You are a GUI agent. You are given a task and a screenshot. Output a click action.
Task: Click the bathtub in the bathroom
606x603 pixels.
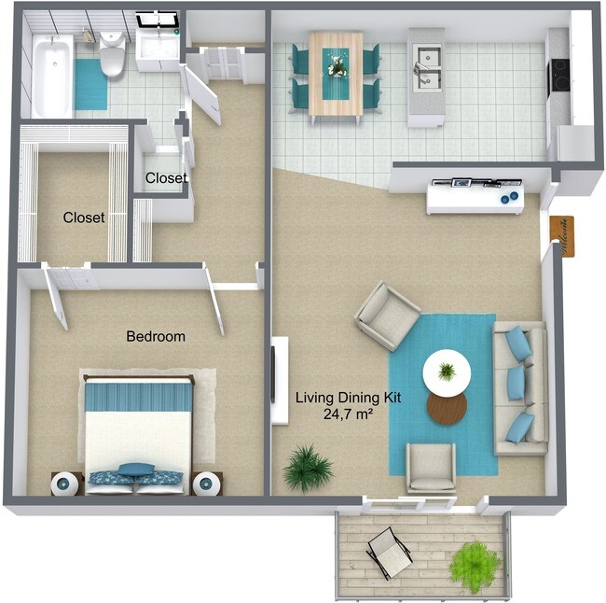[x=51, y=75]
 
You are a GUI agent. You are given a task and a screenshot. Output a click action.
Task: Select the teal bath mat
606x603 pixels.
[x=91, y=85]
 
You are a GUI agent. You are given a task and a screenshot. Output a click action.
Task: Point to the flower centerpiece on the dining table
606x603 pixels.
[x=336, y=64]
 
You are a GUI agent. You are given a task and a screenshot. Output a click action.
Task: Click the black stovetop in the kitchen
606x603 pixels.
[x=559, y=74]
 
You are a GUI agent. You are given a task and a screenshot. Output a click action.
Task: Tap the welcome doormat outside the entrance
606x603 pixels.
[x=563, y=235]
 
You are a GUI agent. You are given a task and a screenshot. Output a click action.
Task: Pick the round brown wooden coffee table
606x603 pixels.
[x=448, y=406]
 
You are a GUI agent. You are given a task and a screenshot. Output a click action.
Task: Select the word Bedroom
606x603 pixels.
[x=156, y=336]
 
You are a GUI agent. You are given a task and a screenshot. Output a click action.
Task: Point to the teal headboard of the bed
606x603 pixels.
[x=139, y=397]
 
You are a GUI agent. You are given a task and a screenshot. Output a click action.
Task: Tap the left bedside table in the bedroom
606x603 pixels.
[x=66, y=484]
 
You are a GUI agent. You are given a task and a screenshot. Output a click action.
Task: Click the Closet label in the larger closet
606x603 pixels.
[x=84, y=217]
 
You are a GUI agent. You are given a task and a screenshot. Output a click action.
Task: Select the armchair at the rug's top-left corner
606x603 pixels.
[x=387, y=315]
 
